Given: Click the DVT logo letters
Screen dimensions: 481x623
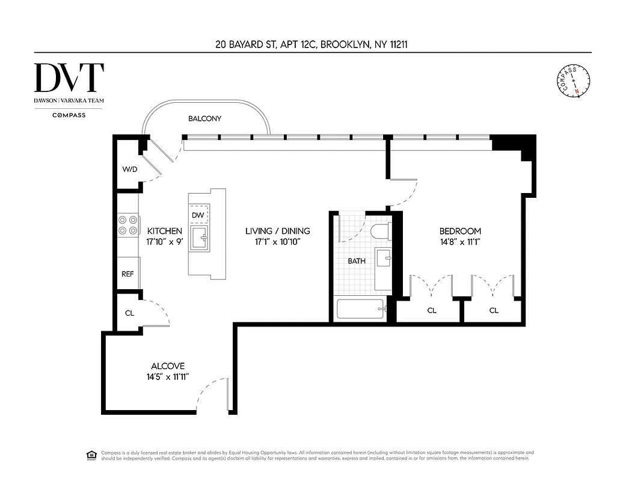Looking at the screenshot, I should [x=69, y=77].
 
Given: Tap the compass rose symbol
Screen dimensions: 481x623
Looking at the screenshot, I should [x=574, y=80].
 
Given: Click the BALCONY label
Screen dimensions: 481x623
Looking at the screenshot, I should [x=204, y=118].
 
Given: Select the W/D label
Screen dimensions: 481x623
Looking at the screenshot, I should [x=130, y=170].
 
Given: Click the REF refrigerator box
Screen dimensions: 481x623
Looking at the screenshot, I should [x=127, y=274].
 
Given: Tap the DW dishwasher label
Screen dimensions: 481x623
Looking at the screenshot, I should [x=198, y=215].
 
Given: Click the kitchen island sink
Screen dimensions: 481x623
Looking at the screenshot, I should [x=199, y=239].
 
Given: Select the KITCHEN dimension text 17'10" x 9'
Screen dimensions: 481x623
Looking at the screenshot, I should [x=164, y=242].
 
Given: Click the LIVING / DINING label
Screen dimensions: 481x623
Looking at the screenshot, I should [x=277, y=231].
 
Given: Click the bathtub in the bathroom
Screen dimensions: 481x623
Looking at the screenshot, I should [x=360, y=310].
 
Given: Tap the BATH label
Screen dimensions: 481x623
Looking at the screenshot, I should [x=357, y=261].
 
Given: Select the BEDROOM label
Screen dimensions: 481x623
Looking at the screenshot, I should [x=460, y=231].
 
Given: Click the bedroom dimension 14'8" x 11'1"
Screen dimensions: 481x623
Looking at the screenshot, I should [x=460, y=242].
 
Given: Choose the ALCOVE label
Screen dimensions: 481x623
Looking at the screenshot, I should [x=168, y=366].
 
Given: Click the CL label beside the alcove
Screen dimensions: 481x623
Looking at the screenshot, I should [x=129, y=313].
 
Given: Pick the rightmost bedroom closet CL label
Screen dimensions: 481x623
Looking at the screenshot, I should [x=494, y=310].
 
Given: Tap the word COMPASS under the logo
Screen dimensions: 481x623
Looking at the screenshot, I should [x=69, y=115].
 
